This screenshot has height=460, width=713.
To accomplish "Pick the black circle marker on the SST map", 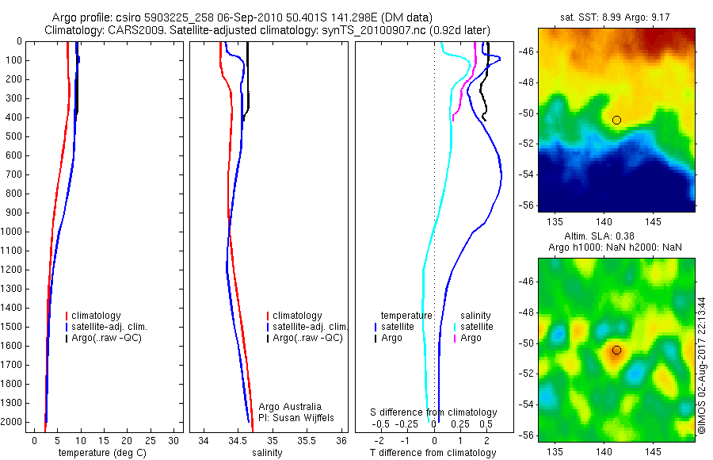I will coord(616,120).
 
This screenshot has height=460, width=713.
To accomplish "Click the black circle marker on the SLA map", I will coord(616,350).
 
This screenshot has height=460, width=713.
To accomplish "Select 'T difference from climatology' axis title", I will coord(433,453).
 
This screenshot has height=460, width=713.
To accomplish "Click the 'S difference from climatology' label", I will coord(434,412).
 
